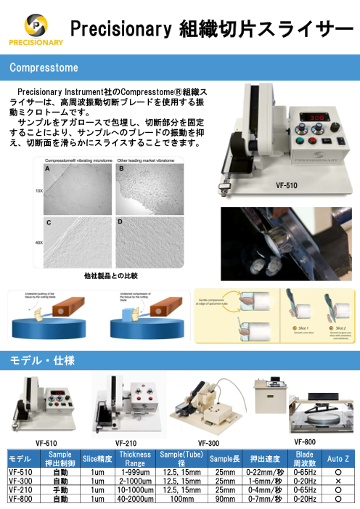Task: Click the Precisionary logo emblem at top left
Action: coord(34,25)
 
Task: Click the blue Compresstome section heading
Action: coord(44,68)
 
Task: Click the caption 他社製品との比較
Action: coord(110,276)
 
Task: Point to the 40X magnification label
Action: coord(39,243)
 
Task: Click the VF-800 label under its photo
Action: coord(305,441)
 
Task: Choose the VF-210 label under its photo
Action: coord(126,443)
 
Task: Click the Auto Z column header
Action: coord(338,459)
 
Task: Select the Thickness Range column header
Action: coord(135,459)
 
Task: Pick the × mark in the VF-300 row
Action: coord(338,481)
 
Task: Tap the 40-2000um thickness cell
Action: coord(135,499)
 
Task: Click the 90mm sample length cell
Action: coord(225,499)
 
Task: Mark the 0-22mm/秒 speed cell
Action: coord(264,473)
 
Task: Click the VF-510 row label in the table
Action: coord(20,473)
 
